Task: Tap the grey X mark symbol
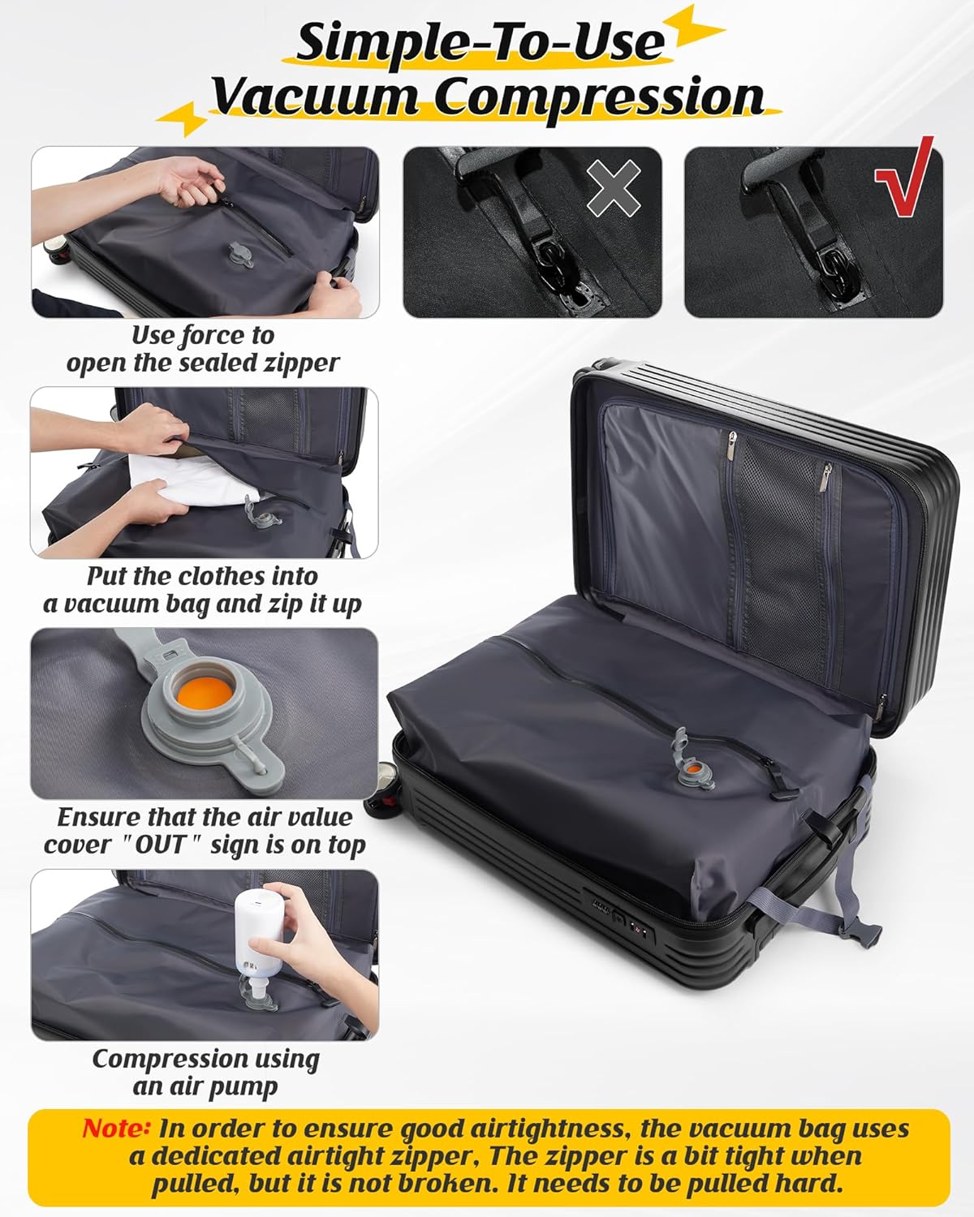coord(614,188)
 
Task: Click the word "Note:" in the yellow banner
coord(116,1128)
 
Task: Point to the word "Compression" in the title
coord(598,97)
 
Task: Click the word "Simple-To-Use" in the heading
coord(480,42)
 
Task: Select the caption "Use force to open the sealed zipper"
coord(203,349)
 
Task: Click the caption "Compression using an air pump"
coord(205,1072)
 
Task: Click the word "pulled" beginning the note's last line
coord(196,1184)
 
